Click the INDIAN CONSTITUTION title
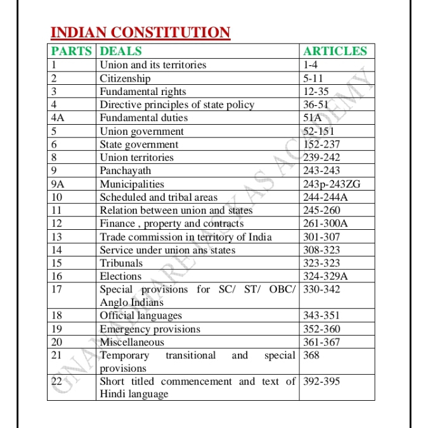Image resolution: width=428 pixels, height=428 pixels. (x=139, y=32)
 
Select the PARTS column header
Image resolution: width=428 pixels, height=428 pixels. (x=72, y=51)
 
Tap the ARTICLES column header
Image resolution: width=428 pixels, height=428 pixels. (x=335, y=51)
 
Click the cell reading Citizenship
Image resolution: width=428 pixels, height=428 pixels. (x=126, y=79)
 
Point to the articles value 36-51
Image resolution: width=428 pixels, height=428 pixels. (x=316, y=104)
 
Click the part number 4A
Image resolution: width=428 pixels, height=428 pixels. (x=58, y=118)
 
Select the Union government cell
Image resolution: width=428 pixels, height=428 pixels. (x=142, y=131)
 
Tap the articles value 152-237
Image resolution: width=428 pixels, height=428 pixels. (x=321, y=144)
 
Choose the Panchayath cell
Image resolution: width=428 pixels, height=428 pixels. (x=126, y=170)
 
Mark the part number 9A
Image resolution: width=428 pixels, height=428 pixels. (x=58, y=184)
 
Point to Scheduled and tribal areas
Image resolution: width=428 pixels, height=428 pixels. (x=159, y=197)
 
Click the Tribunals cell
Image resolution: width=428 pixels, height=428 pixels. (x=121, y=263)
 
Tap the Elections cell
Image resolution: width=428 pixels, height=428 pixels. (x=120, y=276)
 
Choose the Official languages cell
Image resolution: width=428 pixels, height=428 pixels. (x=141, y=315)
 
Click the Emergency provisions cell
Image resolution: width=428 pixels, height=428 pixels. (x=150, y=329)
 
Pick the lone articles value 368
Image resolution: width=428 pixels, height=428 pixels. (x=311, y=355)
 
